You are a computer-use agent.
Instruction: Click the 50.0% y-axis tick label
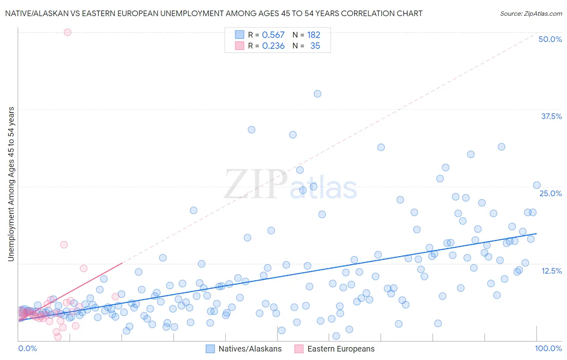(550, 39)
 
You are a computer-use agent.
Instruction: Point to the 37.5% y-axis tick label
(551, 116)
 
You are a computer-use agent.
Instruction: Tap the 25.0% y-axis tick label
(550, 193)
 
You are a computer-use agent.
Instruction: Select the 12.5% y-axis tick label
(551, 271)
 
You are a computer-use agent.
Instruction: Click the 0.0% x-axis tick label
(27, 348)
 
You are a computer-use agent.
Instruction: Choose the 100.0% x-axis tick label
(548, 348)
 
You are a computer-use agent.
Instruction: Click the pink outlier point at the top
(67, 32)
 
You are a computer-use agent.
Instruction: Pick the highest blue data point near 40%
(317, 94)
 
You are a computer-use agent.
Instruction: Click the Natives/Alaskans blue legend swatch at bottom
(210, 349)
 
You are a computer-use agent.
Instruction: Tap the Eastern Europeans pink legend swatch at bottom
(299, 349)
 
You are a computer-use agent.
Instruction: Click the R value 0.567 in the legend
(273, 35)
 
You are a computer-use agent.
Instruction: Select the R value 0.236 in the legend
(273, 46)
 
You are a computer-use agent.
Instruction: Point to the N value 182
(313, 35)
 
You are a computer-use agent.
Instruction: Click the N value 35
(315, 46)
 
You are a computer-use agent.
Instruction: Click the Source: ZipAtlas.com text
(531, 14)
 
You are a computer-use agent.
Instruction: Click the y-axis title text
(11, 184)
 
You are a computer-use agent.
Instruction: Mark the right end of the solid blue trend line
(536, 234)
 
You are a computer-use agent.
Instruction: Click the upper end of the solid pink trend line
(122, 263)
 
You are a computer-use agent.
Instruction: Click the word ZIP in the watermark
(256, 184)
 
